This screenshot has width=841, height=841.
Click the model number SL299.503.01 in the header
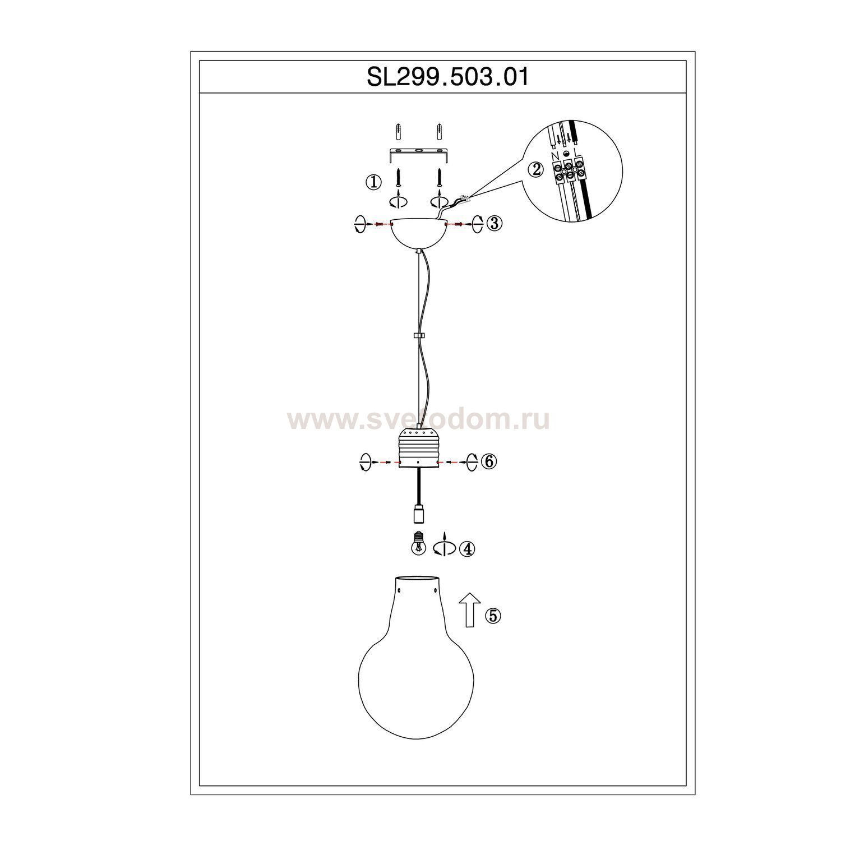448,77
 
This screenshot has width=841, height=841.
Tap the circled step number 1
373,182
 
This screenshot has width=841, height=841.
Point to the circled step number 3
495,223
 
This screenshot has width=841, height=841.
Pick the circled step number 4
466,549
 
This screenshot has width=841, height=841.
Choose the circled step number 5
493,616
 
